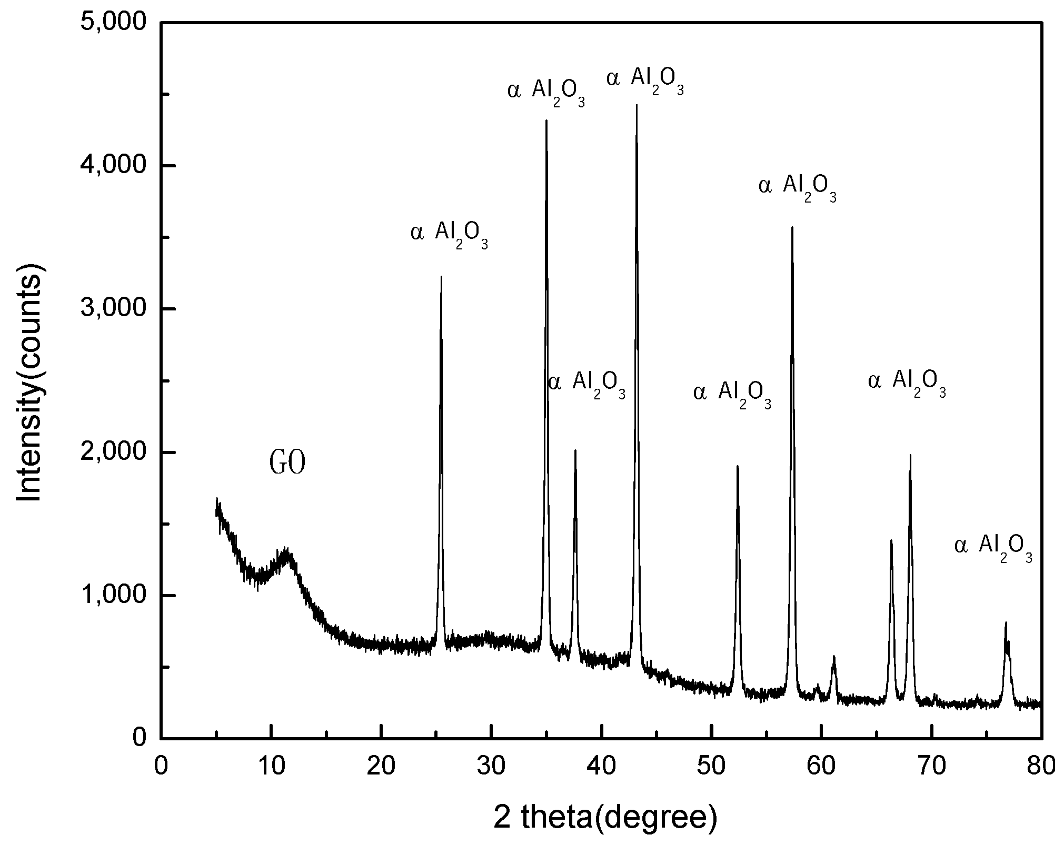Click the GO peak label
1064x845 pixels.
pyautogui.click(x=287, y=463)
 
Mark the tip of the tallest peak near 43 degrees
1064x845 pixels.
pyautogui.click(x=637, y=105)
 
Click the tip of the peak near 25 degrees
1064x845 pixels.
pyautogui.click(x=441, y=277)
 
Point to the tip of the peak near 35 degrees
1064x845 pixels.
pyautogui.click(x=546, y=120)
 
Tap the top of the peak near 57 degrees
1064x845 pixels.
pyautogui.click(x=792, y=227)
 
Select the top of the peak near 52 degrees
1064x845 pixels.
pyautogui.click(x=738, y=466)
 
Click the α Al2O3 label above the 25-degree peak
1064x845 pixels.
pyautogui.click(x=449, y=233)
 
